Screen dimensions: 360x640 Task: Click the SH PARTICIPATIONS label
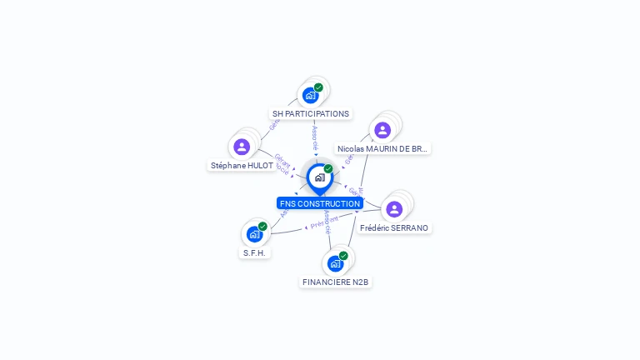[311, 113]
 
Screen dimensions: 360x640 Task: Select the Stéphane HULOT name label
[242, 165]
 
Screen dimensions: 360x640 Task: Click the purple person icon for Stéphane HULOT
[242, 147]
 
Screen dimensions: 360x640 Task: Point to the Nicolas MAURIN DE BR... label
[383, 148]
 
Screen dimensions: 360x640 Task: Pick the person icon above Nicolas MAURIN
[382, 130]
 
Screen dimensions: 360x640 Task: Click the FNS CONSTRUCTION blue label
[320, 203]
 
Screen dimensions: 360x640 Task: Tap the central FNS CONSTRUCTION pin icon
[319, 177]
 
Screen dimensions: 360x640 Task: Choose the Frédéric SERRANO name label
[395, 227]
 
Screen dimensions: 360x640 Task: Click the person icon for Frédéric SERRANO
[394, 208]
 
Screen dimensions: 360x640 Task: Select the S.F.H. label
[255, 252]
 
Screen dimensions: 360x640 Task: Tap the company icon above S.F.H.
[254, 234]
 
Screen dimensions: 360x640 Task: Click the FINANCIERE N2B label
[336, 282]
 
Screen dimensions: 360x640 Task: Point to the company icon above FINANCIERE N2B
[335, 264]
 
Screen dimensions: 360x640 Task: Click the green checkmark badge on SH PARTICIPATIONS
[318, 87]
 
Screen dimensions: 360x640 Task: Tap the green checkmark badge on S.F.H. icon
[262, 227]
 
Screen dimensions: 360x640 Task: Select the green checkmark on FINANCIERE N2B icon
[343, 256]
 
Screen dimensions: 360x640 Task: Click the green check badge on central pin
[328, 168]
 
